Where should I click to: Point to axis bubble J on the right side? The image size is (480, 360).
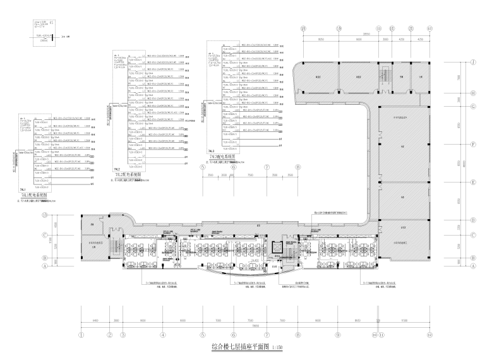click(472, 62)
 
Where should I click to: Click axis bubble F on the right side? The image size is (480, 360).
click(472, 144)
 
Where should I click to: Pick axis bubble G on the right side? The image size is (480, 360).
click(472, 105)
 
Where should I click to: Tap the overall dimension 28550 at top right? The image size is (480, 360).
click(366, 34)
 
